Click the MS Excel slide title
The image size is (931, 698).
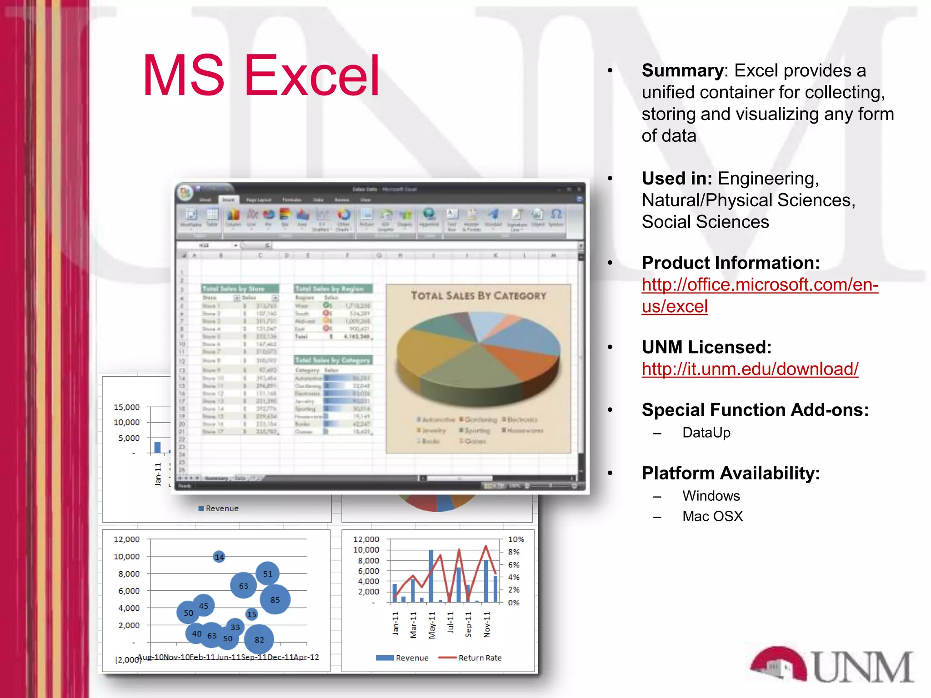(x=261, y=76)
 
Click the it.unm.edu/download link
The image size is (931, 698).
(x=750, y=369)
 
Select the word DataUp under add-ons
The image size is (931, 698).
(x=706, y=433)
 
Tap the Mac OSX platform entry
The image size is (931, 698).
(x=712, y=517)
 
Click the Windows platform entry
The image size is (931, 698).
(x=711, y=496)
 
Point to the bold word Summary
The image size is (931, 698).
(x=682, y=71)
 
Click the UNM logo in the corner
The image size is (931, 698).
(x=832, y=665)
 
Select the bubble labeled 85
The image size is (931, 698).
(x=275, y=600)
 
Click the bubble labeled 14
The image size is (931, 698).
(x=219, y=557)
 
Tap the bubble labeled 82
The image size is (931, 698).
(x=259, y=640)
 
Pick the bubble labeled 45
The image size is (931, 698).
(x=204, y=606)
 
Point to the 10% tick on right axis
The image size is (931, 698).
(x=516, y=539)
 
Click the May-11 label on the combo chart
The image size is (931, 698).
(x=432, y=625)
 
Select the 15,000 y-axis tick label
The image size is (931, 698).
(x=127, y=407)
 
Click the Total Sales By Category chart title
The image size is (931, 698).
(x=478, y=296)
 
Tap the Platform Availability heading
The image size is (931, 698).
(x=731, y=474)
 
